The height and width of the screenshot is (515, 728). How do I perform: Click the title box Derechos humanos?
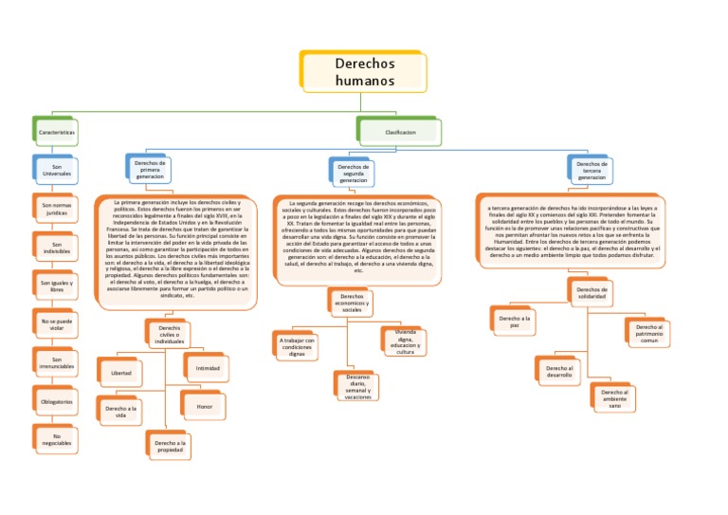pos(364,72)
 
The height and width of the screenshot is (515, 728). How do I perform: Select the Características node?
pos(57,132)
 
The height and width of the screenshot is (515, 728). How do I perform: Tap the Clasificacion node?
pos(399,132)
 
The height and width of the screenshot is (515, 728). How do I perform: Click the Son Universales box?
pos(56,171)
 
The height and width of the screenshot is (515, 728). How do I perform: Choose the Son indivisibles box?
pos(56,248)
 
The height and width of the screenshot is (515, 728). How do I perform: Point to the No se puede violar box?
pos(56,324)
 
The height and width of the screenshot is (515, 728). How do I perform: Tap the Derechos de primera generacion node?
pos(150,170)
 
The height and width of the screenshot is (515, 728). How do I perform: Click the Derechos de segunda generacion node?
pos(354,171)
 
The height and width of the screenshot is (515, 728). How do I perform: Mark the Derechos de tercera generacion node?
pos(591,171)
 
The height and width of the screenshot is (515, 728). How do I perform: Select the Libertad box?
pos(121,373)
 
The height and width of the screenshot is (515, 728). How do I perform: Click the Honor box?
pos(204,406)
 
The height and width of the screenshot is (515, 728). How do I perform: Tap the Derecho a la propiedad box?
pos(170,446)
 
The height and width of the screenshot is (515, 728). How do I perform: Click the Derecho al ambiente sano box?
pos(613,397)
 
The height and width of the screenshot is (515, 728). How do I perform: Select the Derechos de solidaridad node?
pos(591,293)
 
